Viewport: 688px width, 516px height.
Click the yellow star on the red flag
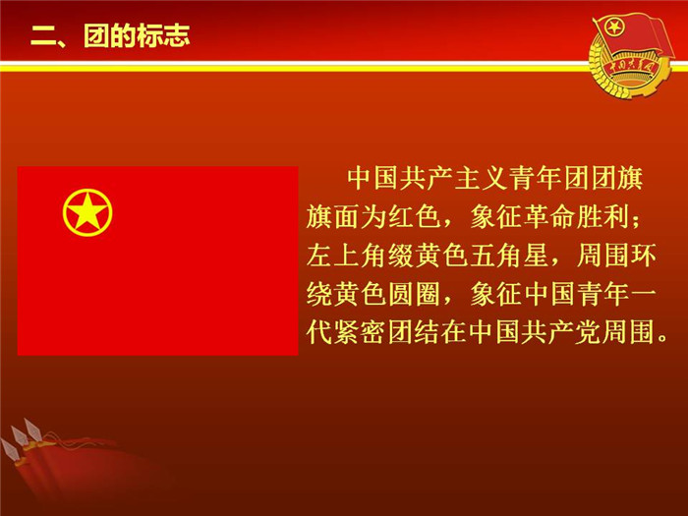pyautogui.click(x=87, y=211)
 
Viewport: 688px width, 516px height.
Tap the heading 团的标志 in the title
pyautogui.click(x=137, y=35)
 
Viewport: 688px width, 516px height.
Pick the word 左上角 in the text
pyautogui.click(x=347, y=255)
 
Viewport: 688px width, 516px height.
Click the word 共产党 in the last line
pyautogui.click(x=562, y=332)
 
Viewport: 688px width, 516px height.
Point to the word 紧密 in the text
pyautogui.click(x=360, y=332)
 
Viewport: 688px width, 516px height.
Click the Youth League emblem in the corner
pyautogui.click(x=631, y=54)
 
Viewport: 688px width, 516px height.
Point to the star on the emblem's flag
pyautogui.click(x=613, y=29)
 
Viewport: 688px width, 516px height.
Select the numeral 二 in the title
pyautogui.click(x=43, y=36)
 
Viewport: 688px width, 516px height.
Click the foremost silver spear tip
pyautogui.click(x=10, y=450)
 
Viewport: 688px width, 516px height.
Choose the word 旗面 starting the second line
pyautogui.click(x=333, y=216)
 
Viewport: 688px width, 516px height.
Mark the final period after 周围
pyautogui.click(x=663, y=339)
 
